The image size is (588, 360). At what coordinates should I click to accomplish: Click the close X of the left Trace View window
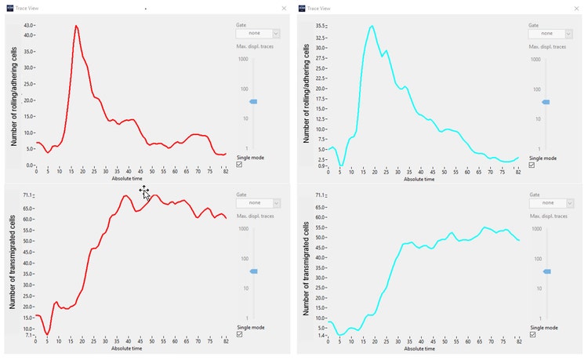(284, 8)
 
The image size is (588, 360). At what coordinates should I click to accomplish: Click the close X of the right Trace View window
(578, 8)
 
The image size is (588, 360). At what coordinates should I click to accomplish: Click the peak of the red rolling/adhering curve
(76, 26)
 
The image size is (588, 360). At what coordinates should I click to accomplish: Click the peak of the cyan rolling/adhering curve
(372, 26)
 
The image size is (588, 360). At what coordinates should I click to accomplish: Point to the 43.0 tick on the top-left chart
(29, 25)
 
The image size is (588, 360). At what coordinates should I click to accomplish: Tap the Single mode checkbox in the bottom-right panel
(532, 334)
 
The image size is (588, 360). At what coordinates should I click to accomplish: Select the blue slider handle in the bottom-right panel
(546, 271)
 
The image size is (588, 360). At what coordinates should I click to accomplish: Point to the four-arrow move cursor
(144, 191)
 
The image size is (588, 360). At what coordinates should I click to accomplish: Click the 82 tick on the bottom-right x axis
(518, 342)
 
